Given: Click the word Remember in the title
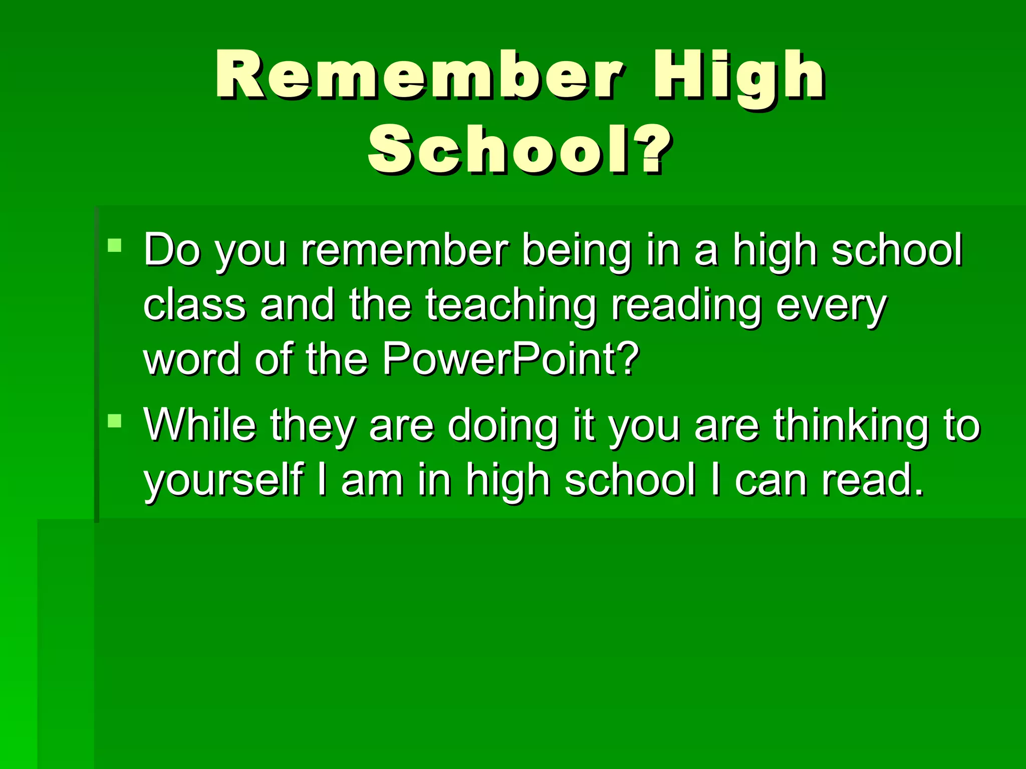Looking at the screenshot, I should tap(420, 75).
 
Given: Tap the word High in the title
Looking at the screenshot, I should tap(738, 75).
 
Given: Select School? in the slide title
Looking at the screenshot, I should tap(519, 149).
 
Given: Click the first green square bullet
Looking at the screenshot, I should tap(115, 245).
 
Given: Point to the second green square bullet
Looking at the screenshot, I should tap(115, 421).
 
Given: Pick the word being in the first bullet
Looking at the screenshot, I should tap(576, 250).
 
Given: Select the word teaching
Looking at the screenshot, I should tap(511, 305).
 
